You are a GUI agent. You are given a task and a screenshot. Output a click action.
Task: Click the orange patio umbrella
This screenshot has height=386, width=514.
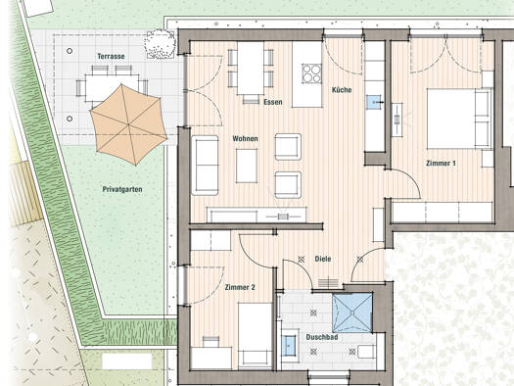pos(128,124)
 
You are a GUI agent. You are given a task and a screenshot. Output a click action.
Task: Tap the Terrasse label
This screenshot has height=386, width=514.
pos(111,57)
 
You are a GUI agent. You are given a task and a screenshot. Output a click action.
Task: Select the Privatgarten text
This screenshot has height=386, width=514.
pos(122,189)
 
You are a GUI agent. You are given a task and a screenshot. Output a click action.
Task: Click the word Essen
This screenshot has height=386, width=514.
pos(273,102)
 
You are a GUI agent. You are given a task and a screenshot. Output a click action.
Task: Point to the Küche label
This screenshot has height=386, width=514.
pos(342,89)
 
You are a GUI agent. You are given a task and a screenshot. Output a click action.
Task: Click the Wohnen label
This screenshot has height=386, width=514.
pos(245,139)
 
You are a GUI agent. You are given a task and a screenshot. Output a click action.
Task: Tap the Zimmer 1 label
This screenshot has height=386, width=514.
pos(441,163)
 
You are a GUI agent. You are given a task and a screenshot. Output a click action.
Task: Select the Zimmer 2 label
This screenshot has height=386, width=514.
pos(240,287)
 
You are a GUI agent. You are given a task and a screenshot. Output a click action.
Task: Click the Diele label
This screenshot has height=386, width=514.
pos(323,259)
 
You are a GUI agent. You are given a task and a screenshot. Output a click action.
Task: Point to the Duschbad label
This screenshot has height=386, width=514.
pos(322,337)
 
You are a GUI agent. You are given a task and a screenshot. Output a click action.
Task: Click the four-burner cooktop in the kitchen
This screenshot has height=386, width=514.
pos(311,73)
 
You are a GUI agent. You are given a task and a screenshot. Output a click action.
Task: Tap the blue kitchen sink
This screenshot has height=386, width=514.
pos(374,102)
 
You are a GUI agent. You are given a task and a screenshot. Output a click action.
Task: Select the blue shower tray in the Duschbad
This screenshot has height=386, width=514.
pos(352,313)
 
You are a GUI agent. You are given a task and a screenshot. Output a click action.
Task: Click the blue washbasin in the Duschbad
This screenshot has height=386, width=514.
pos(289,345)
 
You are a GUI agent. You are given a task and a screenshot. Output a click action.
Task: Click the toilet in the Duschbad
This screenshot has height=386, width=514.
pos(367,352)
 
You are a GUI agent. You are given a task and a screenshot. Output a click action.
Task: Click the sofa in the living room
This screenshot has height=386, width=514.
pos(205,166)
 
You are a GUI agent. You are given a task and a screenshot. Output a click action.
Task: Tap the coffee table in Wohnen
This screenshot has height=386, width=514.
pos(247,166)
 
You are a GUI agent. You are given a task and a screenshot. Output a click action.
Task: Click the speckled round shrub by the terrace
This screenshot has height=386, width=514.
pos(160,44)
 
